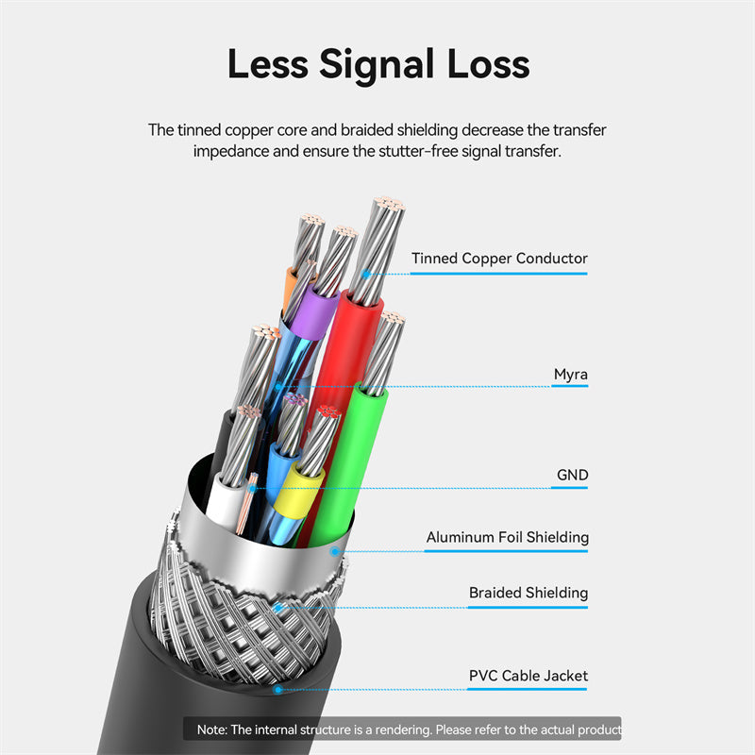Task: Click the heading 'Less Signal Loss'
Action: click(x=378, y=64)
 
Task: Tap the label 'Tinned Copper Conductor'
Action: click(x=499, y=259)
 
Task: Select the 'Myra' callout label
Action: click(x=571, y=374)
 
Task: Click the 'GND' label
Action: click(x=573, y=475)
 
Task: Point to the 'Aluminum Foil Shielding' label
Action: click(x=508, y=537)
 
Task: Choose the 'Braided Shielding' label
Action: click(x=528, y=593)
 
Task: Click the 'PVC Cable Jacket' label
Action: click(x=528, y=676)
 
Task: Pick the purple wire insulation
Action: click(x=314, y=312)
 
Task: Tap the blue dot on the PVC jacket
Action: click(x=277, y=690)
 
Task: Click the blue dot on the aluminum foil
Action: click(x=335, y=551)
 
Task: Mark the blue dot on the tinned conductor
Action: click(x=366, y=274)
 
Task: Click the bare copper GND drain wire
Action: click(x=246, y=505)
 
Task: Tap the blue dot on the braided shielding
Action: click(x=277, y=608)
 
